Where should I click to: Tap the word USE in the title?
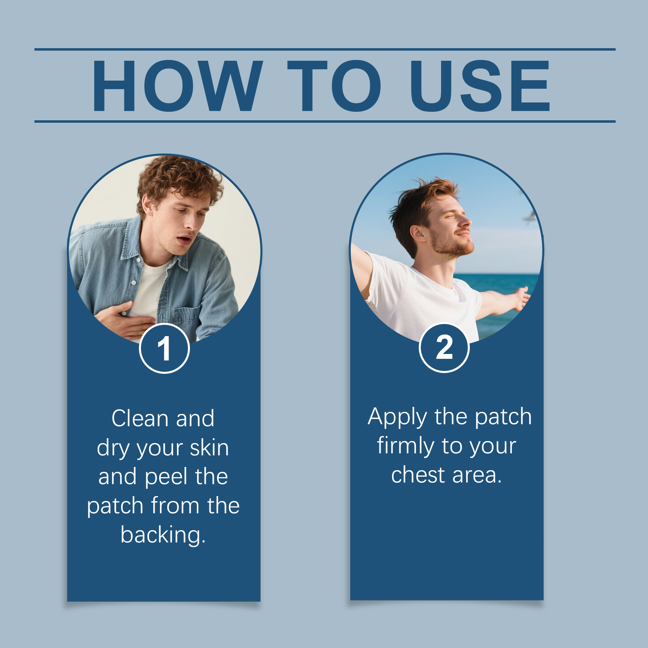coord(480,85)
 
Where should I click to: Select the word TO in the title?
coord(335,85)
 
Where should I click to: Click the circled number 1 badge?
coord(164,348)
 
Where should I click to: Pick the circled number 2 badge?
coord(444,347)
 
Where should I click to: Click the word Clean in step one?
coord(140,418)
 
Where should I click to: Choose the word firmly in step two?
coord(405,446)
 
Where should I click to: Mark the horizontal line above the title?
coord(325,49)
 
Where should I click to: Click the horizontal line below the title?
coord(325,121)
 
